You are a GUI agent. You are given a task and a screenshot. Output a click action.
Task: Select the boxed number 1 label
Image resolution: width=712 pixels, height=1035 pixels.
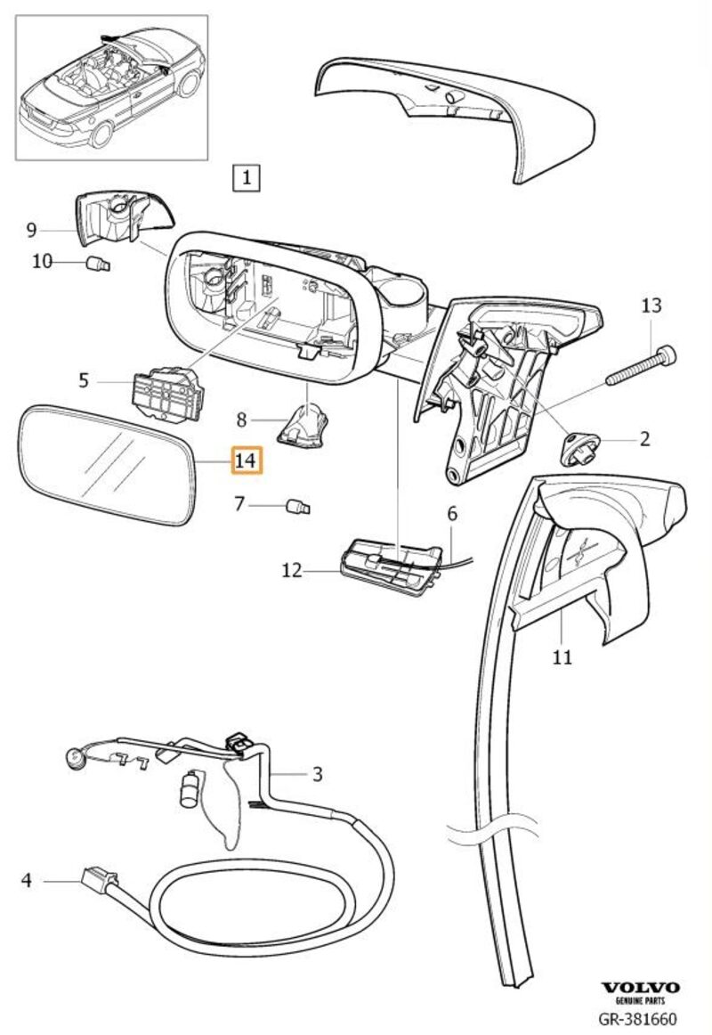click(246, 177)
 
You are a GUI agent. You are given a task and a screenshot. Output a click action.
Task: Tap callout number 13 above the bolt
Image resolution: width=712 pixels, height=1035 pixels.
click(651, 306)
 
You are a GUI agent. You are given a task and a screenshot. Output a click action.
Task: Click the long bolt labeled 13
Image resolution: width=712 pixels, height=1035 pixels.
click(640, 367)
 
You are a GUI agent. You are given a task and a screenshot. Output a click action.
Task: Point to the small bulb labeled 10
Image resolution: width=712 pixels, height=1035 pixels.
click(99, 263)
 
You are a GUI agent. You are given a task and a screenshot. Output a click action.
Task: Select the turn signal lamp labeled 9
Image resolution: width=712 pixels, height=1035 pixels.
click(120, 219)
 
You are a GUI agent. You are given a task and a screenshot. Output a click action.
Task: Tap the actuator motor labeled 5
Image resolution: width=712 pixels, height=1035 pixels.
click(166, 392)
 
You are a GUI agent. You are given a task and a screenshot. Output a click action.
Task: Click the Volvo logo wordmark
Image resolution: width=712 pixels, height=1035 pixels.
click(640, 988)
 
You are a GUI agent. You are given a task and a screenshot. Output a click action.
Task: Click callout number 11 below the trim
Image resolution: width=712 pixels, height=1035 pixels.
click(562, 658)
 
